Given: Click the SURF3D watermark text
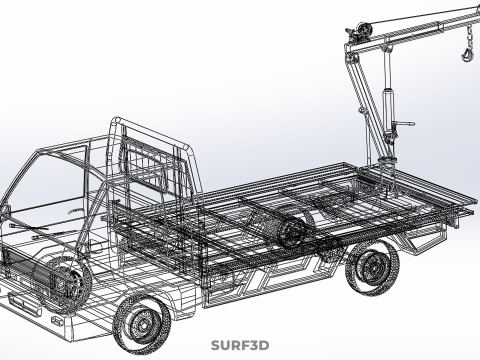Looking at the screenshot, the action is tap(240, 345).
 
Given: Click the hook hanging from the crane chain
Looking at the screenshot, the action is tap(467, 55).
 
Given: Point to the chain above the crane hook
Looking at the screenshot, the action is tap(469, 37).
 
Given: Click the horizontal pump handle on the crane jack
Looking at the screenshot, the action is tap(404, 124).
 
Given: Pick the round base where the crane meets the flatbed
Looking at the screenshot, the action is tap(386, 164).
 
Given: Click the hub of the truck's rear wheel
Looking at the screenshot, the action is tap(372, 267).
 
